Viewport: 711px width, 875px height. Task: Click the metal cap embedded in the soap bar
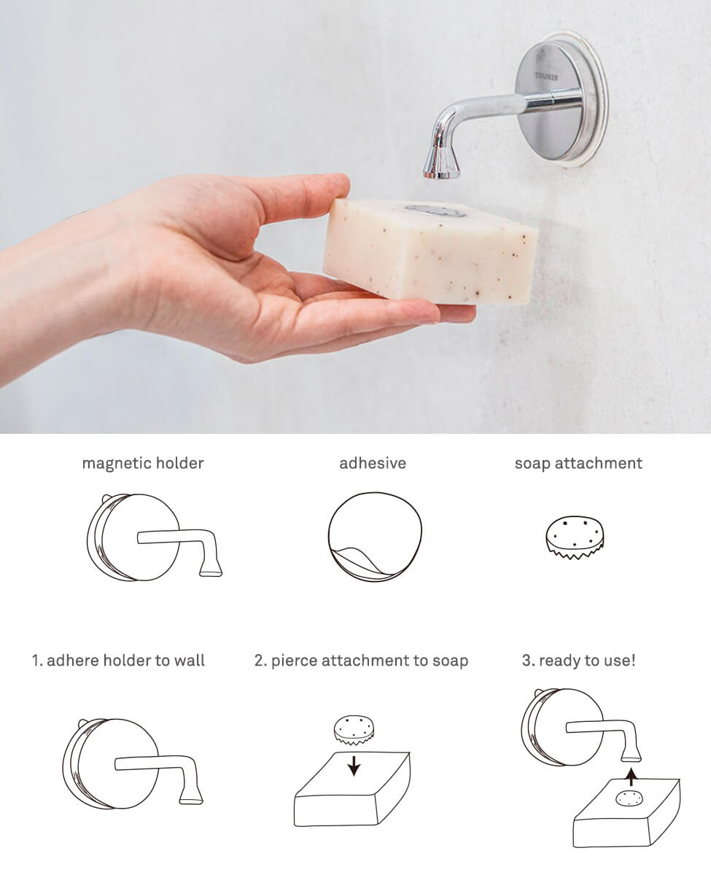tap(435, 211)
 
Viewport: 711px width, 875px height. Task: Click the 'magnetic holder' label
tap(143, 463)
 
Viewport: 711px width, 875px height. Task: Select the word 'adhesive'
tap(373, 463)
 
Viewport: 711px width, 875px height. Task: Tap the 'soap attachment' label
tap(578, 463)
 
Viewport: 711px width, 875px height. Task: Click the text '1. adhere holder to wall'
tap(118, 661)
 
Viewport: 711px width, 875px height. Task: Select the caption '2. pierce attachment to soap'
tap(361, 661)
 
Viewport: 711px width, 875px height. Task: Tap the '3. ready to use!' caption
tap(579, 661)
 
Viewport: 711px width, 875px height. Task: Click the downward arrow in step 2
tap(354, 766)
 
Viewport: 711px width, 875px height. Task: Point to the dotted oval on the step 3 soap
tap(628, 798)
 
